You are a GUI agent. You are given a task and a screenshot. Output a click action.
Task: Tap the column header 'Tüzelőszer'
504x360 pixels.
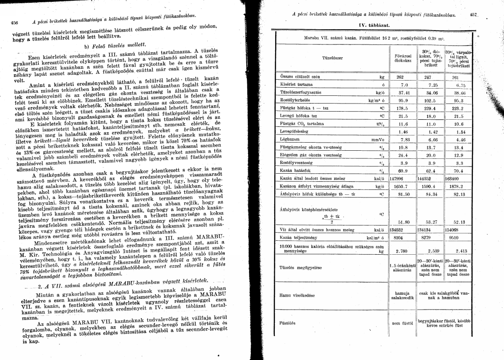(x=332, y=58)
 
